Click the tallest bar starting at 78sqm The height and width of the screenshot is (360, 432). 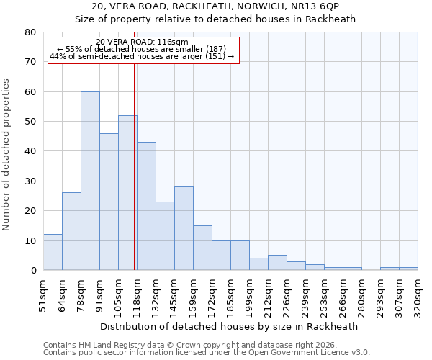point(90,181)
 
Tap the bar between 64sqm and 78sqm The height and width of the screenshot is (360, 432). point(71,231)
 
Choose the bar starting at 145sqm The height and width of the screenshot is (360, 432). point(184,228)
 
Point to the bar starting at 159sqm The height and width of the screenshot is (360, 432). point(202,248)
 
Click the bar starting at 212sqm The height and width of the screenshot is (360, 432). point(277,263)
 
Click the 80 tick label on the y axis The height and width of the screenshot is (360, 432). point(30,32)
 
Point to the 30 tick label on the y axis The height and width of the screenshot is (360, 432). point(30,181)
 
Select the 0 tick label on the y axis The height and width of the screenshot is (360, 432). point(32,270)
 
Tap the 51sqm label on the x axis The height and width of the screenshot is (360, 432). point(43,292)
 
